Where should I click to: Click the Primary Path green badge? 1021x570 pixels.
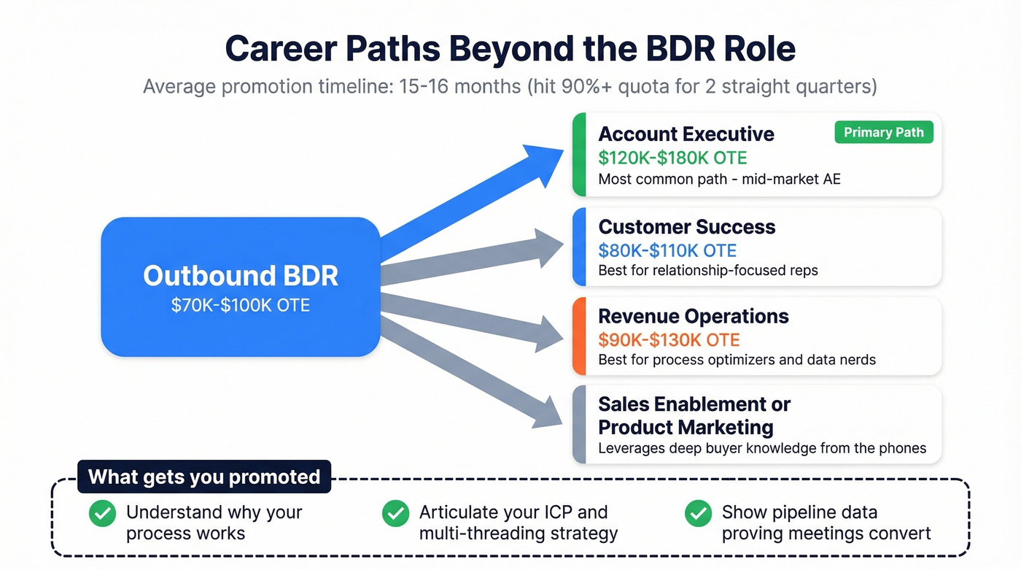(x=883, y=132)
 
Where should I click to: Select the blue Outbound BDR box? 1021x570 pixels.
(x=240, y=286)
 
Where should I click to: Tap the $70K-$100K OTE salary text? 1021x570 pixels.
(x=240, y=304)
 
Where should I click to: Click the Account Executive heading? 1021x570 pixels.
(x=686, y=134)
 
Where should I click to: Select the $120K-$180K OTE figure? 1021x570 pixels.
(x=672, y=158)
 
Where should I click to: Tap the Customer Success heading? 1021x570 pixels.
(x=687, y=227)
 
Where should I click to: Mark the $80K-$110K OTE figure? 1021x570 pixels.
(x=667, y=250)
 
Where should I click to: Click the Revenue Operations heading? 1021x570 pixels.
(x=694, y=316)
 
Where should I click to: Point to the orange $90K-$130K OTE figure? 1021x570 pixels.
(x=669, y=339)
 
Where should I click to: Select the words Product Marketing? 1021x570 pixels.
(x=686, y=426)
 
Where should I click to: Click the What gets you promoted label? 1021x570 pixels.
(x=204, y=477)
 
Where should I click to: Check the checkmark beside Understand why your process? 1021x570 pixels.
(x=102, y=513)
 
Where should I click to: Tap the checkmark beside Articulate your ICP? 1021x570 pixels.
(x=395, y=513)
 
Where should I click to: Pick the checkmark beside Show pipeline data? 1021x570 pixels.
(x=698, y=513)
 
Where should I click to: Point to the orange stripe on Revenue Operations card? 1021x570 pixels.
(x=579, y=336)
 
